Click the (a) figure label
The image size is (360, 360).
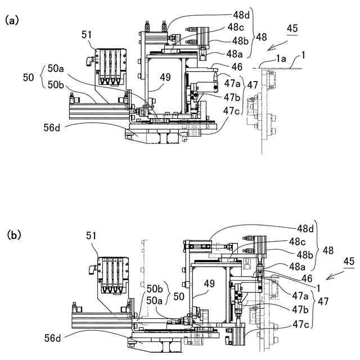tap(11, 21)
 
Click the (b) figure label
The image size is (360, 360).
tap(14, 235)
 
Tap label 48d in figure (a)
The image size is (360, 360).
tap(241, 15)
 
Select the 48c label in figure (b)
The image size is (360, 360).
tap(298, 241)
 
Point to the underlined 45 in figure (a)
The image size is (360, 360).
tap(292, 29)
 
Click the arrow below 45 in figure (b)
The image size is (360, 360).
tap(336, 275)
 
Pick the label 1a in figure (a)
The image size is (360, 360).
tap(281, 59)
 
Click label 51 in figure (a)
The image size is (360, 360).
tap(87, 35)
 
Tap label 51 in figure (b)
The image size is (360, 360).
tap(91, 236)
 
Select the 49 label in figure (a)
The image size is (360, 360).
tap(165, 77)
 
